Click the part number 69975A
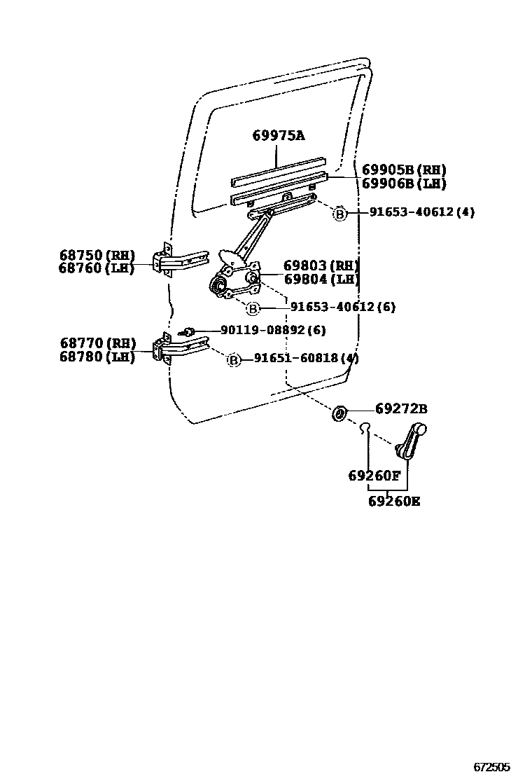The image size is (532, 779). (279, 136)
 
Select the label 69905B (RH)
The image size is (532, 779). (404, 170)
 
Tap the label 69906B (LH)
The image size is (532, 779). (404, 184)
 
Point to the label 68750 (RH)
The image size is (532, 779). (97, 255)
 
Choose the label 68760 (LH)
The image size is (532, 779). (97, 268)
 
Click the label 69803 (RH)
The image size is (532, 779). (321, 266)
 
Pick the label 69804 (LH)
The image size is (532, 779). (321, 279)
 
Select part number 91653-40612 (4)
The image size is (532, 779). (421, 212)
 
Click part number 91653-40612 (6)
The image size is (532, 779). (343, 307)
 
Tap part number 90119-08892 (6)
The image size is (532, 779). (273, 330)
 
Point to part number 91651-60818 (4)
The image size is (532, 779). (306, 358)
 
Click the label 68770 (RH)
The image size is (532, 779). (97, 343)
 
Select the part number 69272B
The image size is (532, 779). (401, 409)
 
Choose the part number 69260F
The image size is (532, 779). (374, 476)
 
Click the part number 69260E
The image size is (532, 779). (395, 502)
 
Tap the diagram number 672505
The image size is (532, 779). (493, 767)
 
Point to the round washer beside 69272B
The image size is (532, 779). (339, 413)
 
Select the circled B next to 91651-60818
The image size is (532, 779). (234, 359)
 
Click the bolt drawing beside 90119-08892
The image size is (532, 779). (187, 331)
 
